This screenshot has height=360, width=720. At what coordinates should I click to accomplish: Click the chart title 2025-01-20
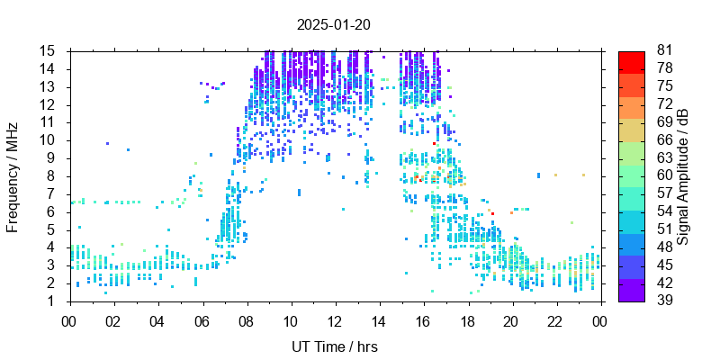(x=334, y=24)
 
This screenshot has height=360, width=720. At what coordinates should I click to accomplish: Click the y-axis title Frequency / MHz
(x=13, y=175)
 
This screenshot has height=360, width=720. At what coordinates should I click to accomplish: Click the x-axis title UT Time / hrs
(x=335, y=346)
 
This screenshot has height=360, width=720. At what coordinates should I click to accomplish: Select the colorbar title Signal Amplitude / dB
(x=684, y=175)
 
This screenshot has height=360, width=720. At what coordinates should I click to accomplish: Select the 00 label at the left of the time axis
(x=69, y=320)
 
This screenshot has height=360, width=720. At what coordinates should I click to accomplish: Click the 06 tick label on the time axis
(x=202, y=320)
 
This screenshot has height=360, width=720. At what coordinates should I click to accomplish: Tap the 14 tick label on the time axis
(x=379, y=320)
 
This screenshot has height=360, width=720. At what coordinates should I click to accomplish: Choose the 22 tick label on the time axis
(x=556, y=320)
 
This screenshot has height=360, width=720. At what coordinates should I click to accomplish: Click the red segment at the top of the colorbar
(x=632, y=61)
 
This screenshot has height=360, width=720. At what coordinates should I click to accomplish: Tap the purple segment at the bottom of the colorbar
(x=632, y=291)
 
